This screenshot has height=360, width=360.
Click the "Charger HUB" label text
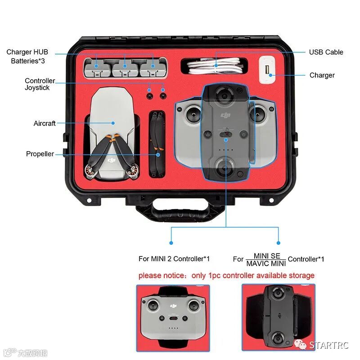coord(27,52)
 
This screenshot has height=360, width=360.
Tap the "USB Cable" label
coord(326,52)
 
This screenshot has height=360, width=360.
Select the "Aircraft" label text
coord(45,123)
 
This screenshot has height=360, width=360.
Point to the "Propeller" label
coord(40,154)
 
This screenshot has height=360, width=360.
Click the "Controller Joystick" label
coord(40,84)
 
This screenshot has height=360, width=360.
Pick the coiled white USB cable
coord(215,67)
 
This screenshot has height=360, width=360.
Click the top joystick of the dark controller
coord(224,95)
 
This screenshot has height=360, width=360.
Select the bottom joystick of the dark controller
coord(224,169)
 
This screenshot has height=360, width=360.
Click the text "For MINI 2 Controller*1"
coord(174,259)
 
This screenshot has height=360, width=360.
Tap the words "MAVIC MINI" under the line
coord(266,263)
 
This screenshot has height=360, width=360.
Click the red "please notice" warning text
coord(226,275)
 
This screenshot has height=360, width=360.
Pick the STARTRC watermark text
coord(329,345)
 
